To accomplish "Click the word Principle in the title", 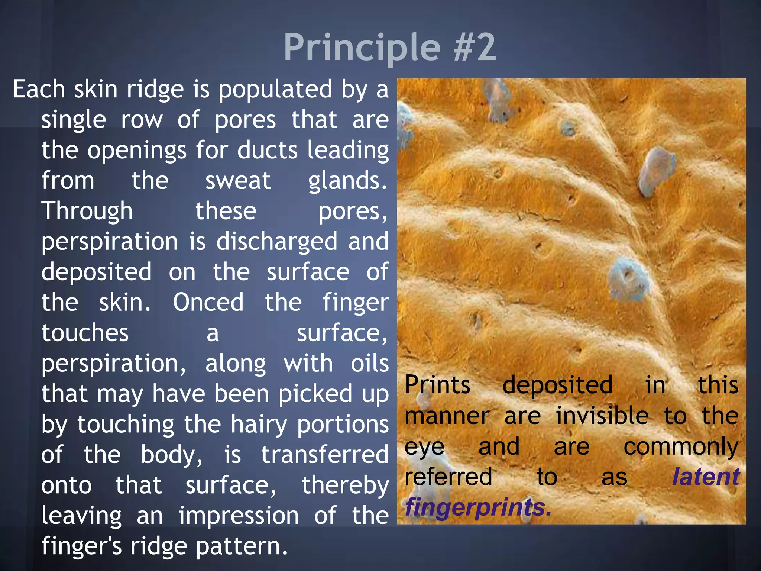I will click(362, 48).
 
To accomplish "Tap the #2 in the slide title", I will click(475, 48).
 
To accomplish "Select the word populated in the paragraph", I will click(275, 90).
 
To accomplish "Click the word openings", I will click(137, 151).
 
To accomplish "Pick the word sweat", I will click(238, 181).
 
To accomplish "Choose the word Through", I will click(87, 212).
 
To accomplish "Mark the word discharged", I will click(277, 242).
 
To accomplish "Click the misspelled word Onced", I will click(208, 302).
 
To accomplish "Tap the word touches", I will click(85, 333).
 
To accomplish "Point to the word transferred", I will click(325, 455).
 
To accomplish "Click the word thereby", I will click(345, 485).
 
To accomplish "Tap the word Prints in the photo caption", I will click(437, 385).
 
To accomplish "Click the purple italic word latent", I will click(706, 477).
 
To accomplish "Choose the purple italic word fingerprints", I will click(478, 508).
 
